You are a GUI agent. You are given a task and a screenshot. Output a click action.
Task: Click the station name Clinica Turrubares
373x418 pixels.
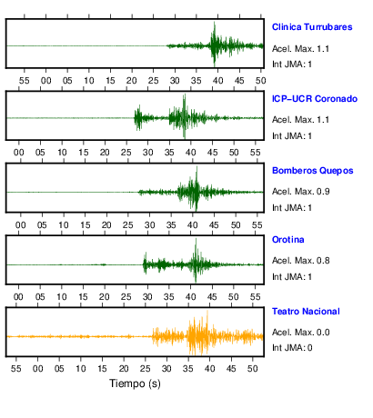pos(312,27)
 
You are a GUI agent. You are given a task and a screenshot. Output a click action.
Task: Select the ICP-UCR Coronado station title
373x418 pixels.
pos(315,99)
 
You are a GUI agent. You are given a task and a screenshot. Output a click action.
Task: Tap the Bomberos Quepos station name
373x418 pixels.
pos(313,171)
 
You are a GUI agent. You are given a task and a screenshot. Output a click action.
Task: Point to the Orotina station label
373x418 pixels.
pos(288,240)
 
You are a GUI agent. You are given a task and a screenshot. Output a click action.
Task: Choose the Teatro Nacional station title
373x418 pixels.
pos(306,312)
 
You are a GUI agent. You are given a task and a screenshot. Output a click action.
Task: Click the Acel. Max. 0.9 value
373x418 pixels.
pos(300,192)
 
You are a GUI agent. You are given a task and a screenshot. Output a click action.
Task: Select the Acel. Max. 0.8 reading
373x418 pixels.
pos(300,261)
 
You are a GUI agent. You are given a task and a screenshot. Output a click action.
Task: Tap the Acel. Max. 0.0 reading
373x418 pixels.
pos(300,333)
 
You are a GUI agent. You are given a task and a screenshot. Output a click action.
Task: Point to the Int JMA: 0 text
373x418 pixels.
pos(292,347)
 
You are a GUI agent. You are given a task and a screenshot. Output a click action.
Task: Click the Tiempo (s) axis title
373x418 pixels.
pos(135,383)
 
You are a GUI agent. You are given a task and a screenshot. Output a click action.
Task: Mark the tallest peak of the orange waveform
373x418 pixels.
pos(207,312)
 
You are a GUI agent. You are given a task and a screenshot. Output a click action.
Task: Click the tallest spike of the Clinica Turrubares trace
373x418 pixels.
pos(215,23)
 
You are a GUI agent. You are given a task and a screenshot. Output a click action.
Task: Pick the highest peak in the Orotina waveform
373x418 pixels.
pos(196,239)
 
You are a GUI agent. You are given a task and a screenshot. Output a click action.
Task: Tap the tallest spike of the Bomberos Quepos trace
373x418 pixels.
pos(197,167)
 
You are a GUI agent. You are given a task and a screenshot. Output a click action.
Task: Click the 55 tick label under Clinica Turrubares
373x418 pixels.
pos(25,81)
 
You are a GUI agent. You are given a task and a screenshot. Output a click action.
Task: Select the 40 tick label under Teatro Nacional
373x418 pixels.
pos(209,369)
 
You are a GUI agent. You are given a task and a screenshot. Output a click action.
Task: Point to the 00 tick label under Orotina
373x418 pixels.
pos(18,297)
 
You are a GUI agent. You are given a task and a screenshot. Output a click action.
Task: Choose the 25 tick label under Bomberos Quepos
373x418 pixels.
pos(128,225)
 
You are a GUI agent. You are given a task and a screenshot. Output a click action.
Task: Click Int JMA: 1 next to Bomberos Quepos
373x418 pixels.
pos(292,208)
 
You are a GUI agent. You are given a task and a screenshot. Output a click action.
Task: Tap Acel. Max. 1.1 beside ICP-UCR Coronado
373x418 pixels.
pos(300,120)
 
